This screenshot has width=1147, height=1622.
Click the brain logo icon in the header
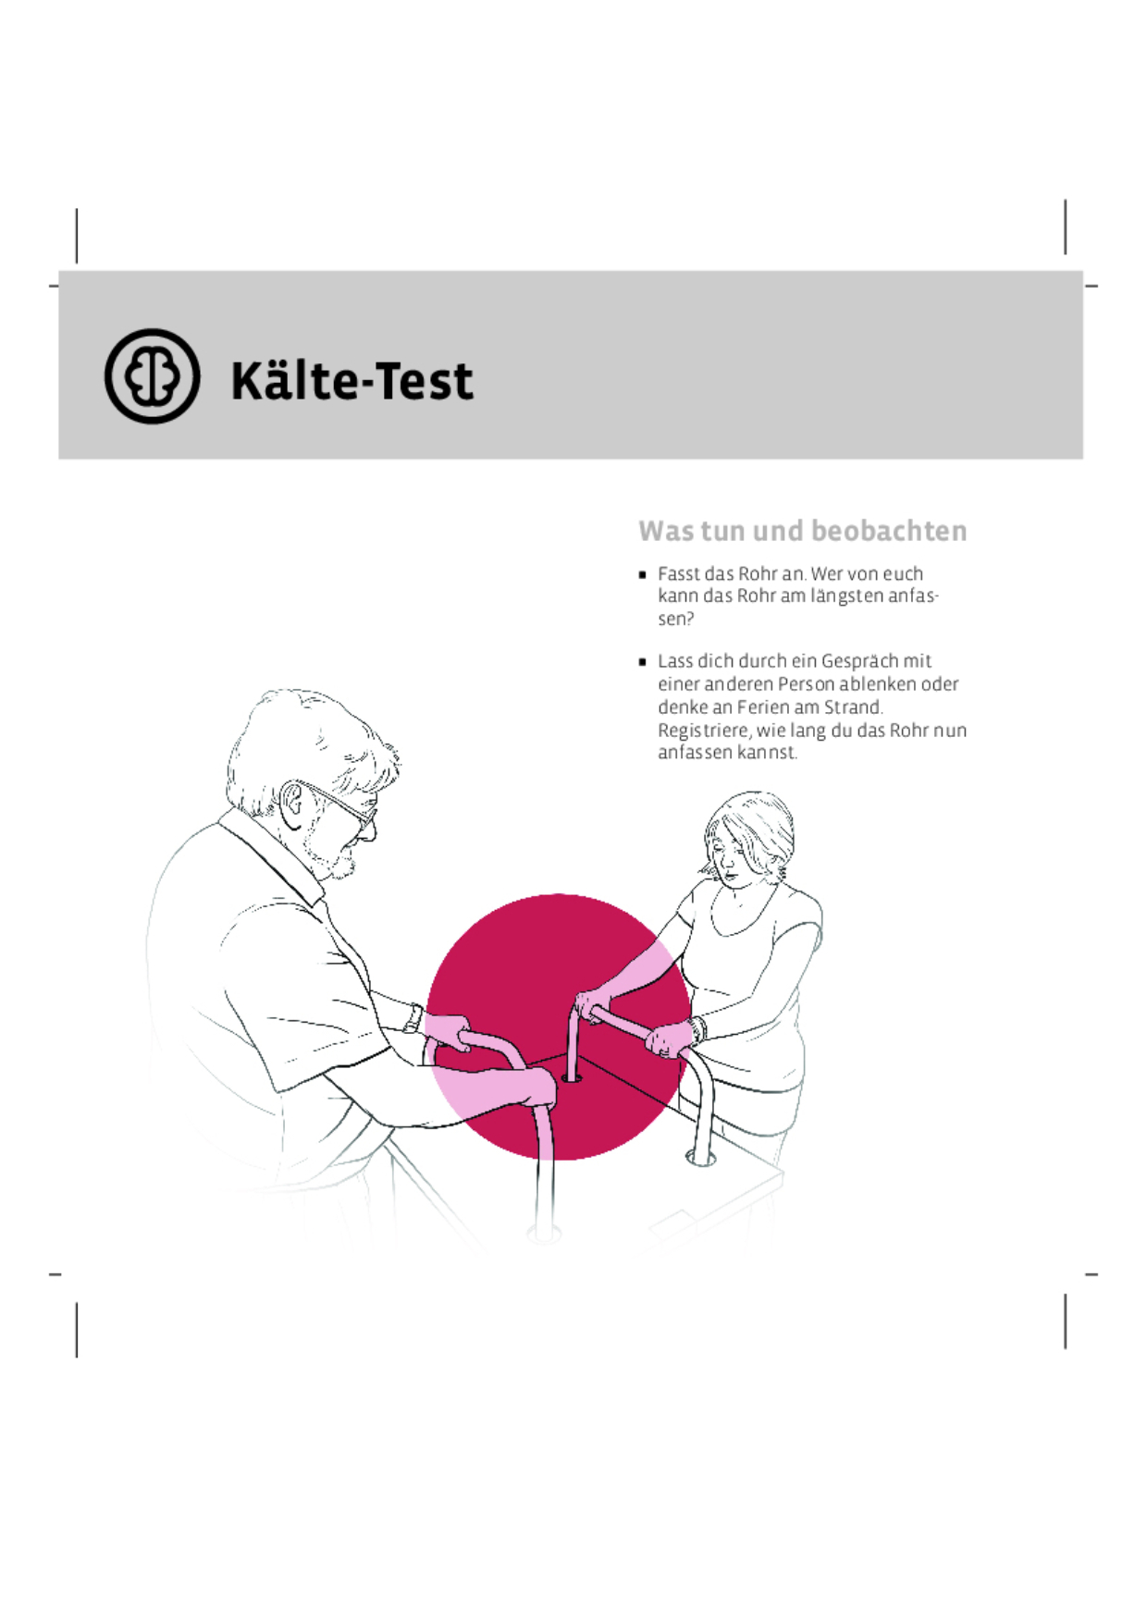[x=152, y=376]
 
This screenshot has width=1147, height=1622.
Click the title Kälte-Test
[x=351, y=380]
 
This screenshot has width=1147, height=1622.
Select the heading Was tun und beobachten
[x=802, y=531]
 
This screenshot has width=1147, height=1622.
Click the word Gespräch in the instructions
[x=860, y=661]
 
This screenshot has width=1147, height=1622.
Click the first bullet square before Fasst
[x=643, y=574]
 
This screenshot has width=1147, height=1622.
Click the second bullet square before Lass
[x=643, y=662]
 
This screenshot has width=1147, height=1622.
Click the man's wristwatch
[x=413, y=1018]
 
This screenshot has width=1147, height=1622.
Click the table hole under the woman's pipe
[x=572, y=1077]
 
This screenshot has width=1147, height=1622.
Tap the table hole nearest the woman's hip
[x=700, y=1157]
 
